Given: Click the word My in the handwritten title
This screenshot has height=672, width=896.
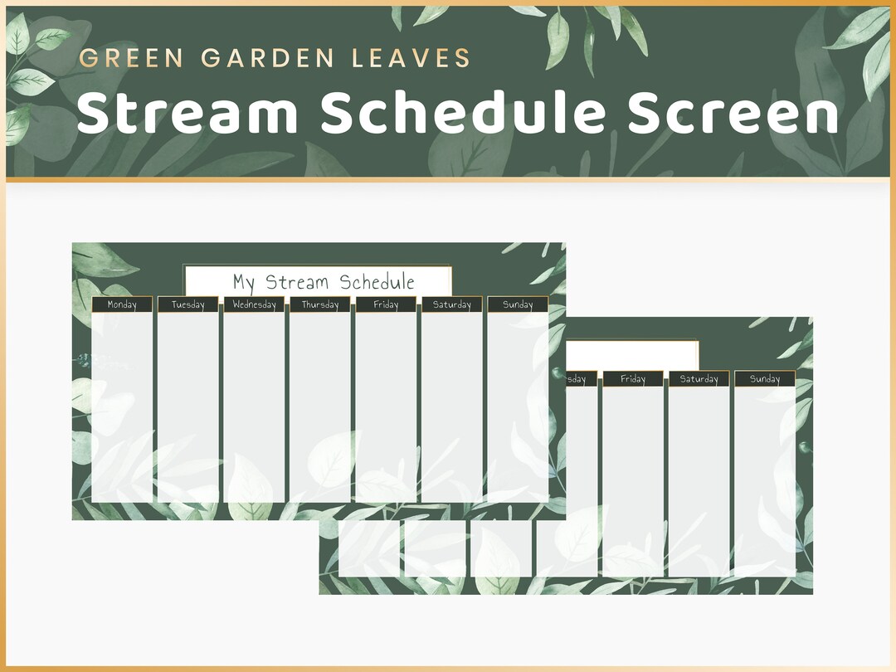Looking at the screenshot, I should click(x=244, y=282).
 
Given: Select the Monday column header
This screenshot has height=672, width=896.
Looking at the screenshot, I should click(x=122, y=304).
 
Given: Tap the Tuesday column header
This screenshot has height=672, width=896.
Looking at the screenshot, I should click(x=187, y=304).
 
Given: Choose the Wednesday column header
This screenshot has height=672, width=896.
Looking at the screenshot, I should click(x=254, y=304).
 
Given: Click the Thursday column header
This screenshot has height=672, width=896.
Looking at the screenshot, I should click(x=320, y=304).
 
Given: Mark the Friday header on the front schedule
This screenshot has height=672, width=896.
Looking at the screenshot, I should click(x=386, y=304).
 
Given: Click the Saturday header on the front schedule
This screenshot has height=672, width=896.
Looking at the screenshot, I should click(x=452, y=304).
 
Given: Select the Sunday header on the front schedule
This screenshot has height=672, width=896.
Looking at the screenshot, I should click(x=518, y=304).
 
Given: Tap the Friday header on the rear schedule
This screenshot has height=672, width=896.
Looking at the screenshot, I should click(x=633, y=379).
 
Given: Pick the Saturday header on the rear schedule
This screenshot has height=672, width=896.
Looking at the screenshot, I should click(x=699, y=379).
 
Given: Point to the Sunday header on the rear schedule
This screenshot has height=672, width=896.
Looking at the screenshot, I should click(x=765, y=379).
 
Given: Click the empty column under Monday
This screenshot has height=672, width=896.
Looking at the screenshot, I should click(x=122, y=407).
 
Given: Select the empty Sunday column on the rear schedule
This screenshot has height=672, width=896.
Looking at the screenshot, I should click(x=765, y=481).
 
